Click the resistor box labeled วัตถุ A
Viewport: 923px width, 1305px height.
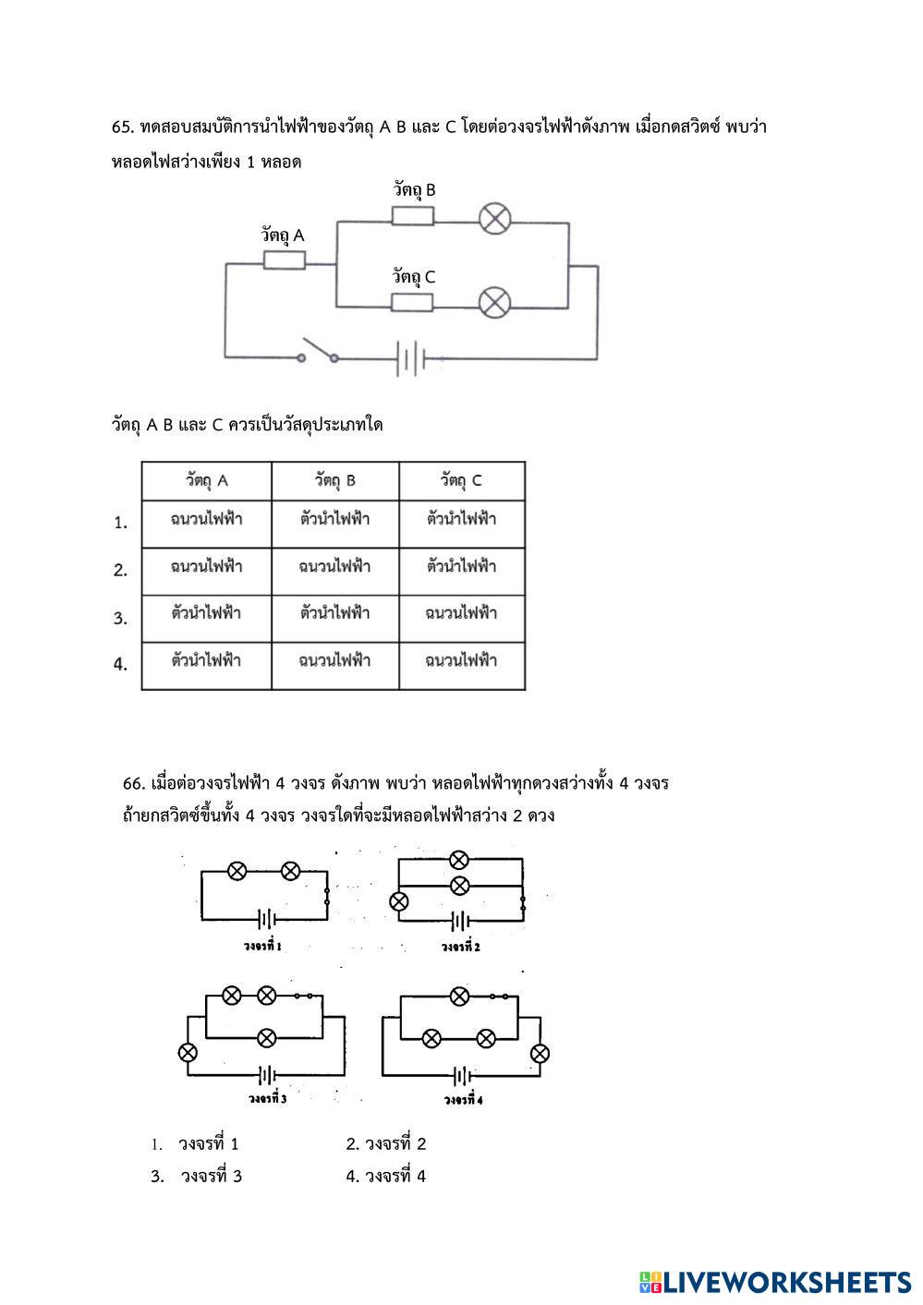tap(284, 260)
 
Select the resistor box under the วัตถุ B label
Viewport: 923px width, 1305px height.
tap(412, 217)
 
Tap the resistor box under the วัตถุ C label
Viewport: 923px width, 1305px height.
tap(412, 302)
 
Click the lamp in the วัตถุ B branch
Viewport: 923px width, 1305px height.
tap(495, 218)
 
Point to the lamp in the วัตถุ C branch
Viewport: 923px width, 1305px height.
tap(495, 302)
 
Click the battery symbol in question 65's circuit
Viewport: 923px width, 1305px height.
tap(411, 358)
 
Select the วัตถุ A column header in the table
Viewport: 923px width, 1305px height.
tap(207, 480)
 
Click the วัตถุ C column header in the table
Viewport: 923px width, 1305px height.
tap(461, 480)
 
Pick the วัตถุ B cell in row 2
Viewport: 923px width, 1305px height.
tap(334, 566)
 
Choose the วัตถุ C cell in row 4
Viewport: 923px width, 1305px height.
tap(461, 660)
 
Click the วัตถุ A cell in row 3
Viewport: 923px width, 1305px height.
tap(207, 613)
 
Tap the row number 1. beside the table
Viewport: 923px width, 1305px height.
tap(121, 523)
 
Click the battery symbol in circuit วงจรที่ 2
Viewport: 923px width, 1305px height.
tap(459, 921)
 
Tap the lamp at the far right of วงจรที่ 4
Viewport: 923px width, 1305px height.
tap(540, 1053)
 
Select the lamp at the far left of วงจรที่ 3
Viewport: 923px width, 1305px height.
tap(188, 1052)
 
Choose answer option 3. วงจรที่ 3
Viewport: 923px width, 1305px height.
tap(198, 1177)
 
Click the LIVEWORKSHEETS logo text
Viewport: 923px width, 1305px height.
tap(776, 1282)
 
